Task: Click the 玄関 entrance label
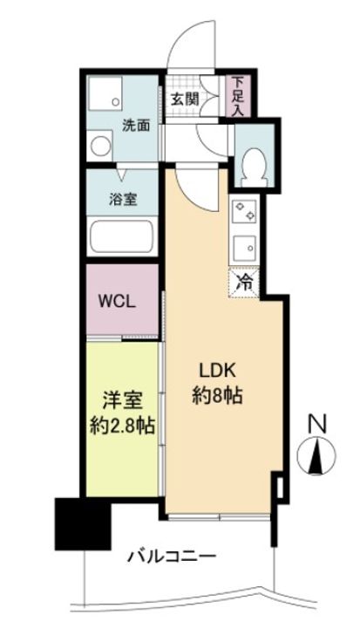[183, 99]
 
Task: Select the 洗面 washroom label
[136, 125]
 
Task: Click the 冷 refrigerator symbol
[247, 281]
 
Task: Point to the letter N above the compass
[319, 426]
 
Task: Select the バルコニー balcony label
[170, 556]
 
